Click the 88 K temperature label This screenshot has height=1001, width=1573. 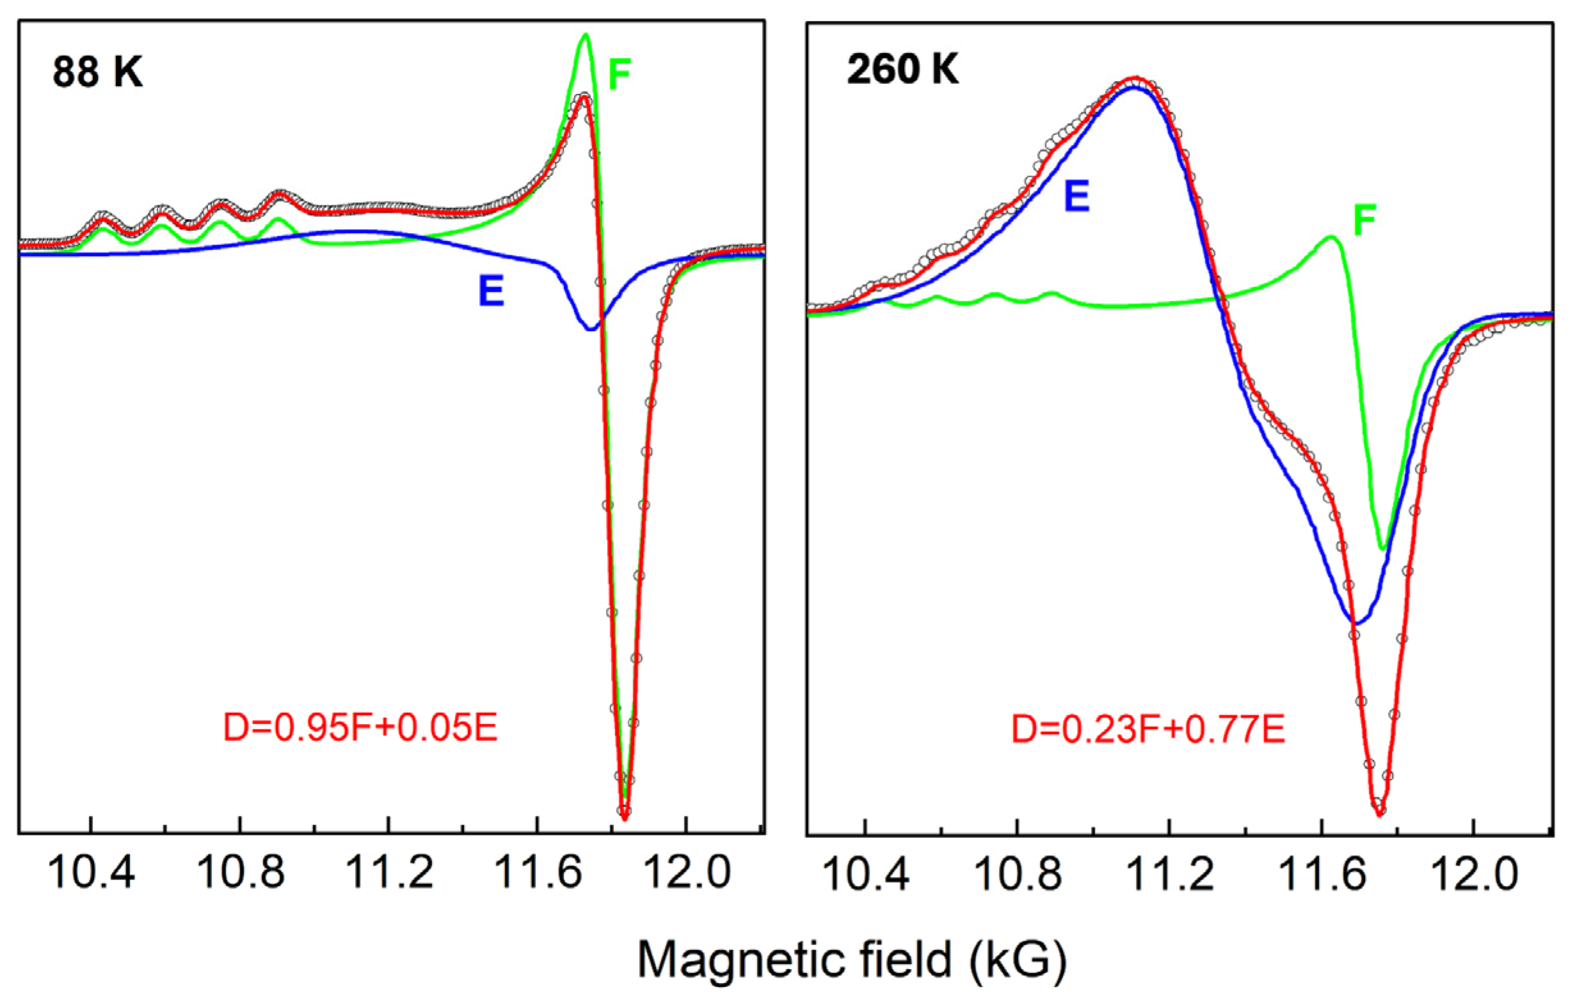pyautogui.click(x=97, y=71)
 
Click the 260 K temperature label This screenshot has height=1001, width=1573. pyautogui.click(x=903, y=68)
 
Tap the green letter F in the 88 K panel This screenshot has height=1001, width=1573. pyautogui.click(x=619, y=74)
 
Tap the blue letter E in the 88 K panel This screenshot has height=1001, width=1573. pyautogui.click(x=491, y=291)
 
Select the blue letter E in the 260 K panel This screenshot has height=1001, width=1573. pyautogui.click(x=1077, y=196)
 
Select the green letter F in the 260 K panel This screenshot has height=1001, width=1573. pyautogui.click(x=1364, y=220)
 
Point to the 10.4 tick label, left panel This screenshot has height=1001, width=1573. pyautogui.click(x=91, y=874)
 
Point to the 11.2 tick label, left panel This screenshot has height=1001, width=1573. pyautogui.click(x=388, y=874)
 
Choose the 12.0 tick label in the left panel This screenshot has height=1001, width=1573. pyautogui.click(x=686, y=874)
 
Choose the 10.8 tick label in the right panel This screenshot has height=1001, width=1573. pyautogui.click(x=1017, y=875)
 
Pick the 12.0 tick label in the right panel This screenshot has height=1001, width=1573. pyautogui.click(x=1473, y=875)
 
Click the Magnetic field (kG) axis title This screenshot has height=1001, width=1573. pyautogui.click(x=852, y=961)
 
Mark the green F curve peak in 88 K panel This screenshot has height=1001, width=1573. pyautogui.click(x=586, y=35)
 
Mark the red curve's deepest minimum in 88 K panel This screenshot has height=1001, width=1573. pyautogui.click(x=625, y=818)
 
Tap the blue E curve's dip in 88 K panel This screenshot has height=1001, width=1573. pyautogui.click(x=591, y=328)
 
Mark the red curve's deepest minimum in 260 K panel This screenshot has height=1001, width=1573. pyautogui.click(x=1380, y=814)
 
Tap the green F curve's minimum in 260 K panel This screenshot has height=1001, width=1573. pyautogui.click(x=1382, y=549)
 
